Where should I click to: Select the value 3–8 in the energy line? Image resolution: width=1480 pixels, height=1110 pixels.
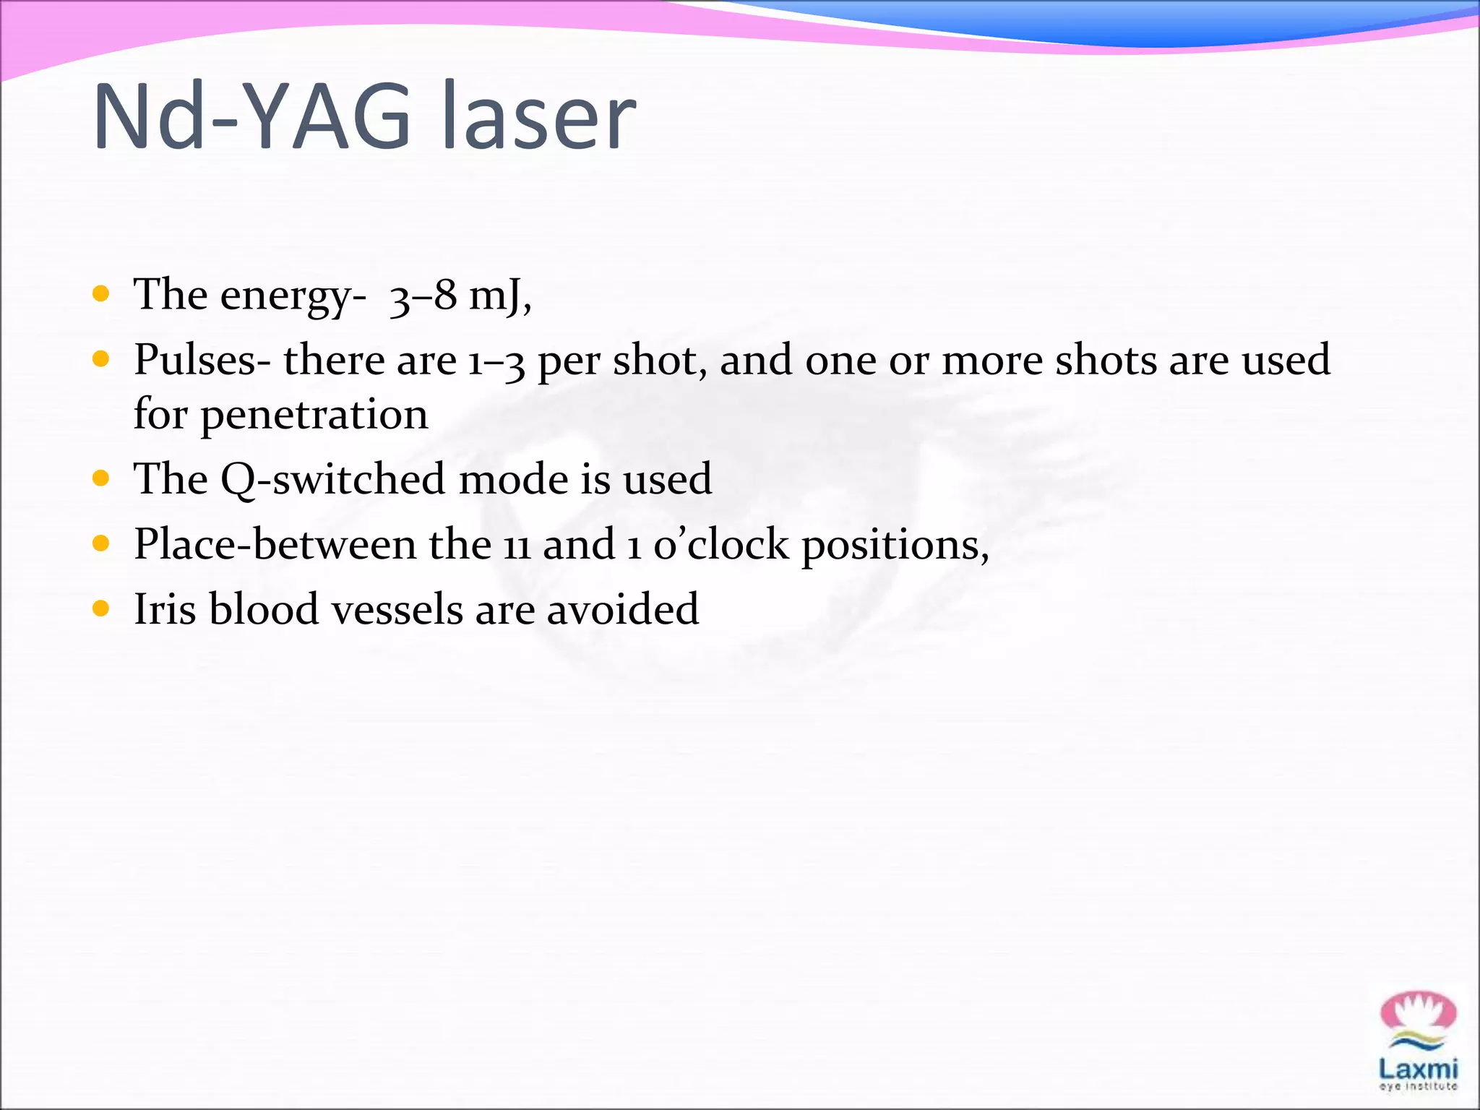423,295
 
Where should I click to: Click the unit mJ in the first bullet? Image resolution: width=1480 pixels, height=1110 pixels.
497,295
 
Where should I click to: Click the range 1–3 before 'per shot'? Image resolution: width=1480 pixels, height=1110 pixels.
496,361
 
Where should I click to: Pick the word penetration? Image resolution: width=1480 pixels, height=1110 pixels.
314,415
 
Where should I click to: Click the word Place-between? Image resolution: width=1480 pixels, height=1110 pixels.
275,544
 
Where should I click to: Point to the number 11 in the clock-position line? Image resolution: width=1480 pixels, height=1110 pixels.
517,546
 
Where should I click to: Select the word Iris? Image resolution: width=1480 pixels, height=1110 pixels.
165,609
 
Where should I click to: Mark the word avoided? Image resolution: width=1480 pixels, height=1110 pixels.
622,609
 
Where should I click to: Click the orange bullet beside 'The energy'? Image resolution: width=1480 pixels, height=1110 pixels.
101,293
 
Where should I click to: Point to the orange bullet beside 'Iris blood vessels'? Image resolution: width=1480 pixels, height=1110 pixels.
101,608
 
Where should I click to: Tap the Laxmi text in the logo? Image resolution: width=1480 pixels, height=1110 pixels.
1418,1069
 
